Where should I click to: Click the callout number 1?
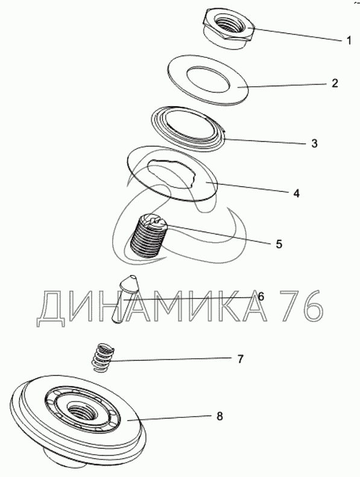pos(349,40)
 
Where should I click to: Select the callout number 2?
pos(335,83)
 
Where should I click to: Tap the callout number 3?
pos(314,144)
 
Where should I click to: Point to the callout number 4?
pos(297,193)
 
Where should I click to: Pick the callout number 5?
pos(279,244)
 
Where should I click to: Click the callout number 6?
pos(261,296)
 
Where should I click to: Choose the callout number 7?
pos(240,359)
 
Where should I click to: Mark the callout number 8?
pos(219,416)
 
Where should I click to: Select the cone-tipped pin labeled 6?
pos(125,299)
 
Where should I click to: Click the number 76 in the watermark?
pos(300,305)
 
